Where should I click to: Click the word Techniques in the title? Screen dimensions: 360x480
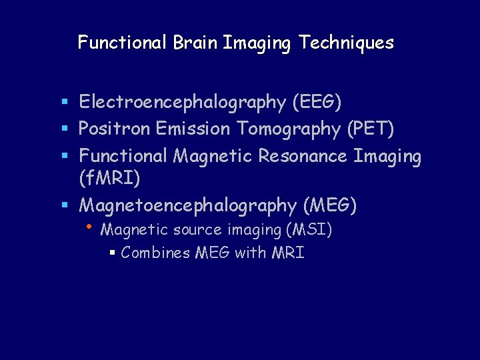click(347, 43)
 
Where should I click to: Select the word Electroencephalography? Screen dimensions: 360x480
click(182, 103)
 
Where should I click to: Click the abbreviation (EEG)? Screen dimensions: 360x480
click(317, 103)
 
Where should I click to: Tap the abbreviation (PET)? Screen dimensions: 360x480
click(371, 129)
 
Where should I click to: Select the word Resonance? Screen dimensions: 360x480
click(303, 156)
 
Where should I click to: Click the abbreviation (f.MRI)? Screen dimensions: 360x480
click(109, 179)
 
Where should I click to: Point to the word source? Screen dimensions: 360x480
click(197, 231)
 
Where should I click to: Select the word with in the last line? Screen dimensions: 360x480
click(250, 253)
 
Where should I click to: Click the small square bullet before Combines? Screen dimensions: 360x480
click(113, 253)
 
